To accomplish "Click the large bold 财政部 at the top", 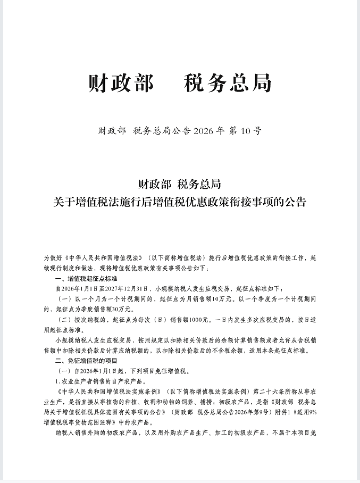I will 121,84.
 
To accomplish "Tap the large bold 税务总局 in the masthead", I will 228,84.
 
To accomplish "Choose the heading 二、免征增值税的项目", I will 83,360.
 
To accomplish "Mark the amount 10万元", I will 222,299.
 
